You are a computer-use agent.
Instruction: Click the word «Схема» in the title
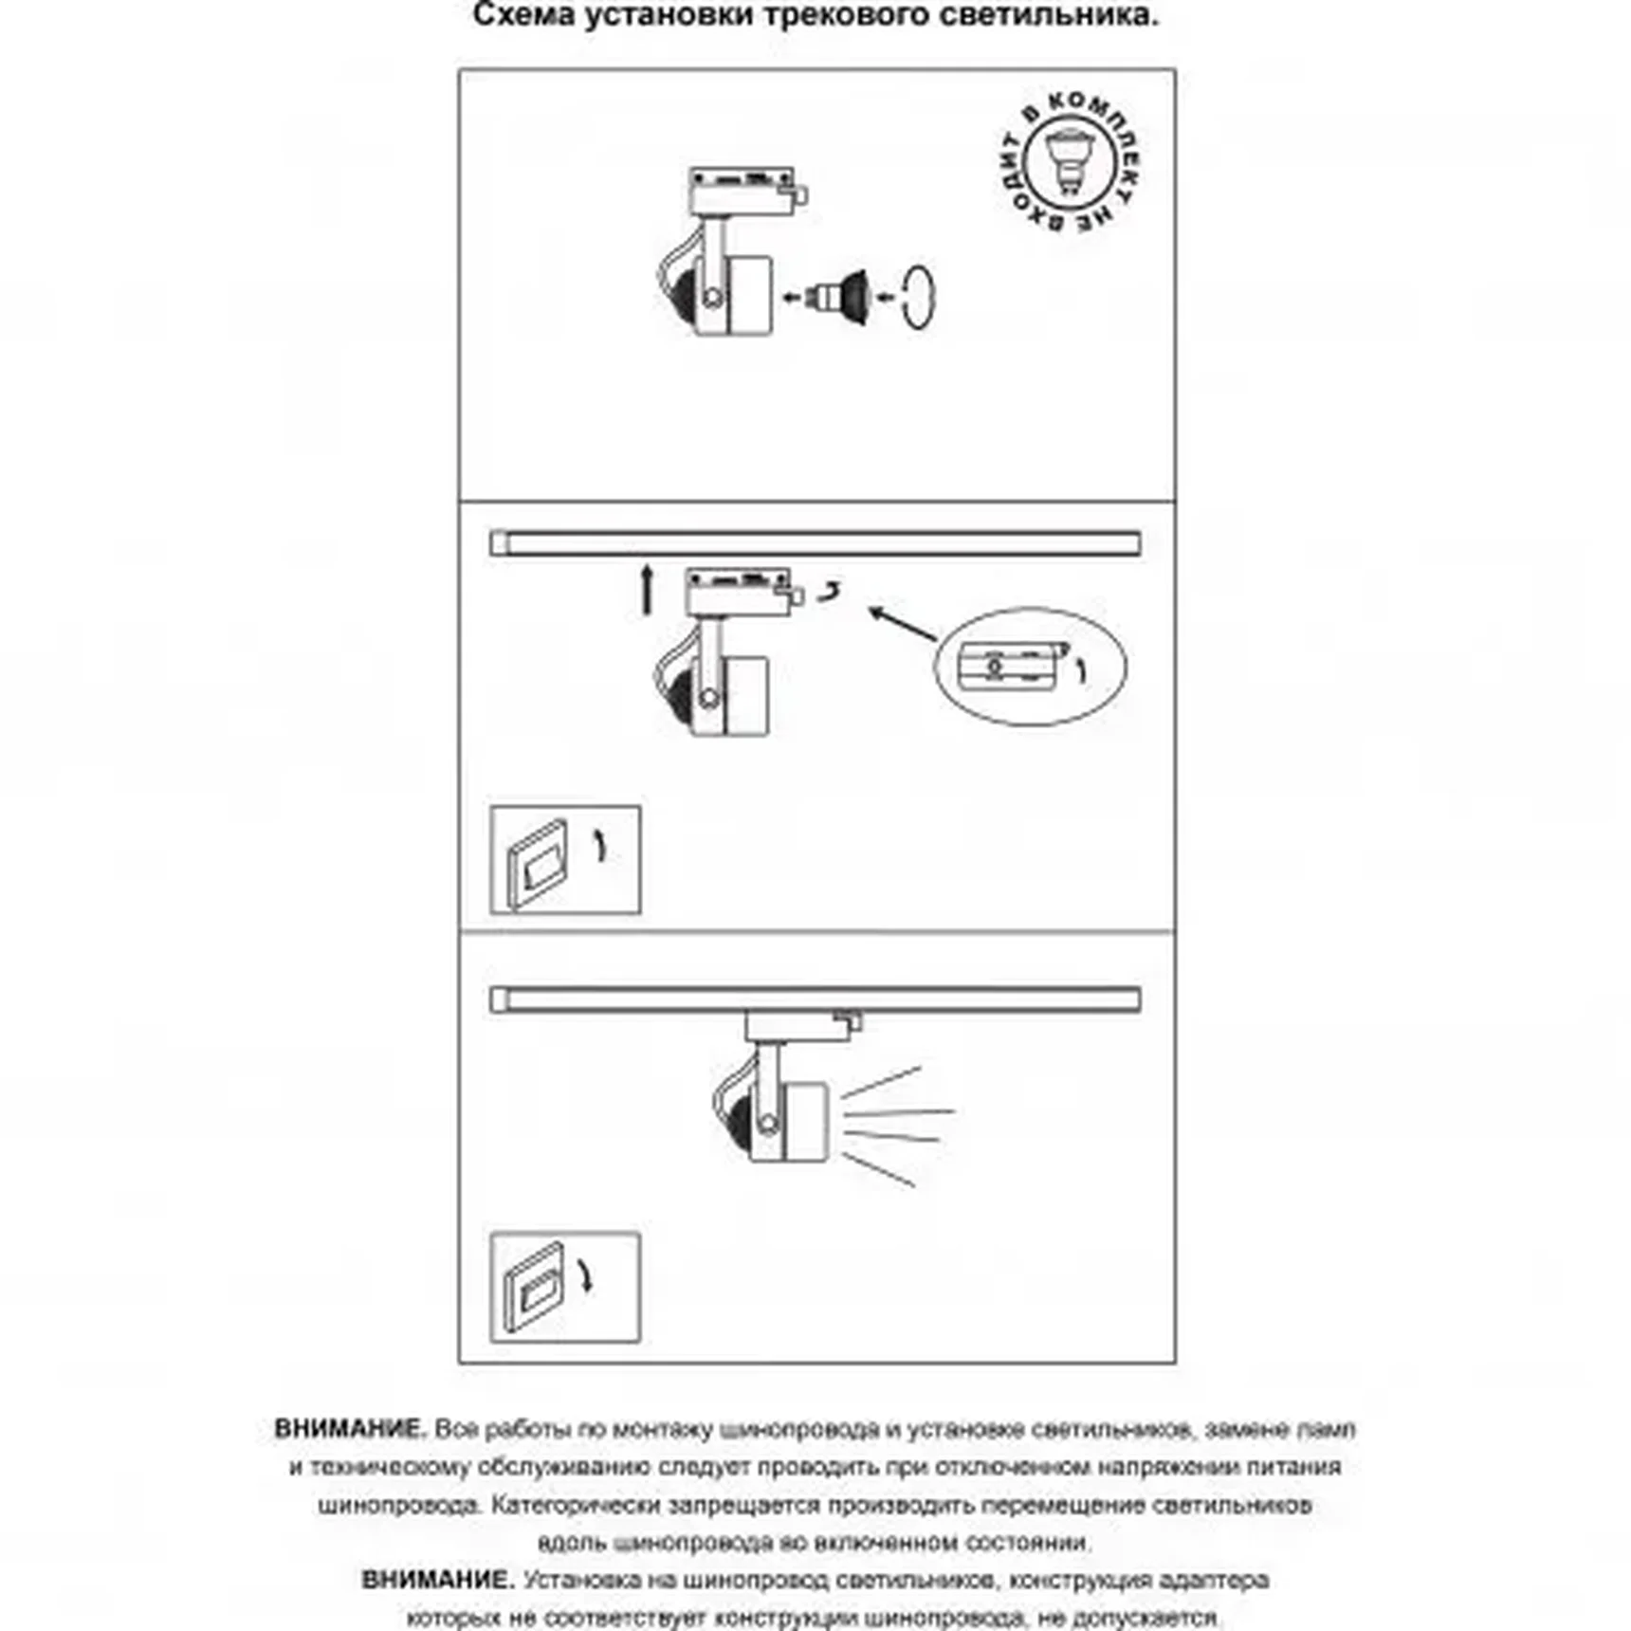[523, 15]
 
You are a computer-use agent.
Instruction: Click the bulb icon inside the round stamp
[1069, 162]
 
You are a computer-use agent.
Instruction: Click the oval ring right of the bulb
[919, 297]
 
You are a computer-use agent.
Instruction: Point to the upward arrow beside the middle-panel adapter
[647, 589]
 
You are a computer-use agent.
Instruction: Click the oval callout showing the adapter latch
[1030, 667]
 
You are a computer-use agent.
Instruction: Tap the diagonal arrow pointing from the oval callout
[902, 623]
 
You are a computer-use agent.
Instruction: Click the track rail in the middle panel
[815, 543]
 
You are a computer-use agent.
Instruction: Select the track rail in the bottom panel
[815, 999]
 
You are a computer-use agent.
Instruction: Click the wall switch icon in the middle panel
[565, 860]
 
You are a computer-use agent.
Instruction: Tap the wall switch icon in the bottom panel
[565, 1287]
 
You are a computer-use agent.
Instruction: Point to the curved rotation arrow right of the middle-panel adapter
[831, 593]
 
